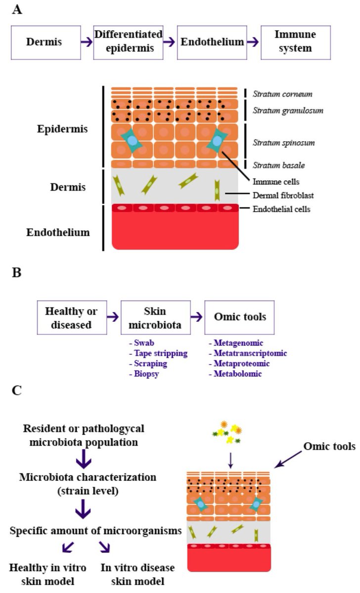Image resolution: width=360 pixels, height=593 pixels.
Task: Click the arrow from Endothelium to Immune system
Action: click(x=253, y=42)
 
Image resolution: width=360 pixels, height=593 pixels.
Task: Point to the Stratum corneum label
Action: click(x=282, y=93)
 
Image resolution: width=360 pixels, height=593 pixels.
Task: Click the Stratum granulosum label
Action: click(x=288, y=110)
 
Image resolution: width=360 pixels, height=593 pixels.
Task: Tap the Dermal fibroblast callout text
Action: click(x=283, y=195)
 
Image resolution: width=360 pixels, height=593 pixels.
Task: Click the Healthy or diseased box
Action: click(x=72, y=316)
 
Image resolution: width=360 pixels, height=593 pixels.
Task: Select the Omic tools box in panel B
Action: click(x=239, y=316)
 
